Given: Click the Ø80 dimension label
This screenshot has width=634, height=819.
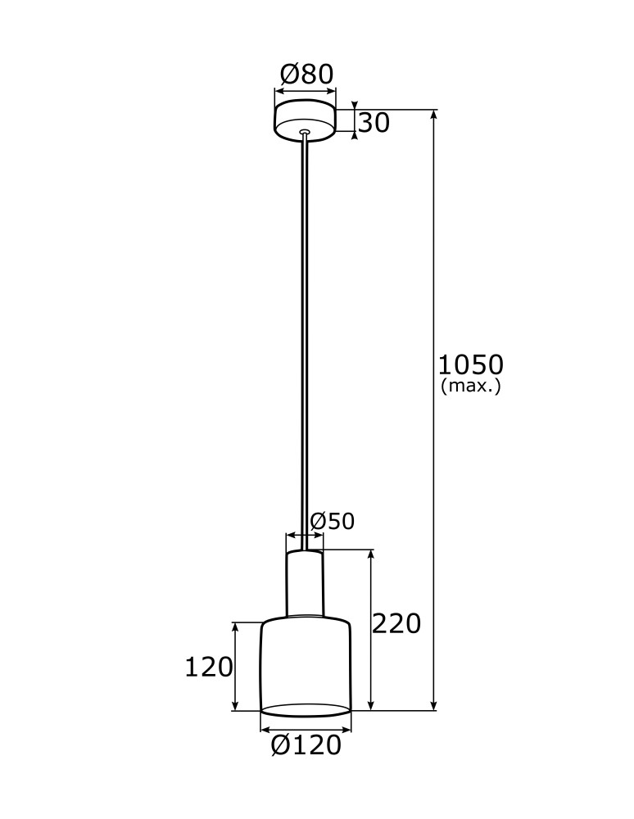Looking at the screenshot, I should pyautogui.click(x=306, y=75).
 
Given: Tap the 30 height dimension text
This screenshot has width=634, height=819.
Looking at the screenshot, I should pyautogui.click(x=374, y=124).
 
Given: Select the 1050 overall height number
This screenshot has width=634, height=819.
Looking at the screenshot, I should pyautogui.click(x=471, y=364).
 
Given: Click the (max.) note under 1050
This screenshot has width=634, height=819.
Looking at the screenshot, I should pyautogui.click(x=471, y=386).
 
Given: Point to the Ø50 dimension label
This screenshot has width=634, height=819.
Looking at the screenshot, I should pyautogui.click(x=333, y=521).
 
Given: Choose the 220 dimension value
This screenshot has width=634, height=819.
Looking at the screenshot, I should pyautogui.click(x=396, y=624).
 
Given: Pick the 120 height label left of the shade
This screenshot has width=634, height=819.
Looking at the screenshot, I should pyautogui.click(x=208, y=667).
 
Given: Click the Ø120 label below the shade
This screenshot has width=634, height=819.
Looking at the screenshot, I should pyautogui.click(x=306, y=745).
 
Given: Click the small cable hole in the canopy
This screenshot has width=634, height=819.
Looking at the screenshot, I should pyautogui.click(x=305, y=130).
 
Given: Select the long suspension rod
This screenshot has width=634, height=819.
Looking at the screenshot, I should pyautogui.click(x=305, y=328).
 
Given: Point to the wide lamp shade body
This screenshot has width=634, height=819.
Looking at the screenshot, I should pyautogui.click(x=305, y=659).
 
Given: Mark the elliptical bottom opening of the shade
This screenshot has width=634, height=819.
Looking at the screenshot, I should pyautogui.click(x=305, y=709).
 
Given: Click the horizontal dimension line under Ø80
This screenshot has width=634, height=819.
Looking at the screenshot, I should pyautogui.click(x=305, y=93).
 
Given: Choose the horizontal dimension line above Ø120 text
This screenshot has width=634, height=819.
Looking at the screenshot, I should pyautogui.click(x=305, y=729).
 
